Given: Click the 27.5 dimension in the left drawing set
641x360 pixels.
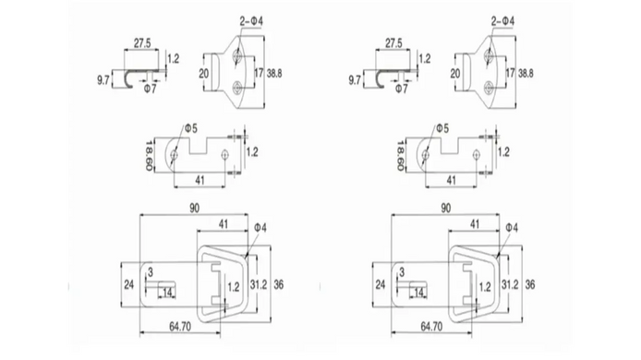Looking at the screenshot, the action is (142, 42).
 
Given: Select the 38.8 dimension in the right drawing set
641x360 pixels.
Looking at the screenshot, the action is (526, 74).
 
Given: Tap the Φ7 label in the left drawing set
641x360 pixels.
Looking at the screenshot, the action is (150, 89).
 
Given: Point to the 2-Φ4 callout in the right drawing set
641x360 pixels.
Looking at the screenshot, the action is (502, 21).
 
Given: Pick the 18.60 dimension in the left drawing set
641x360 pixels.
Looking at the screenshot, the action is (150, 156).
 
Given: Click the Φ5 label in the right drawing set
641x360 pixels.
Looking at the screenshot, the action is (441, 128).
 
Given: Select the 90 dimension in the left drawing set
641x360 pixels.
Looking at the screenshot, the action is (195, 208).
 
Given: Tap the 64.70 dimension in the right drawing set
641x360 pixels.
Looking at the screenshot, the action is (431, 327).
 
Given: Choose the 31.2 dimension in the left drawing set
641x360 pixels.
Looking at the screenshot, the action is (259, 284).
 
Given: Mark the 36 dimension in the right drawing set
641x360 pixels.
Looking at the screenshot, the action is (530, 284).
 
